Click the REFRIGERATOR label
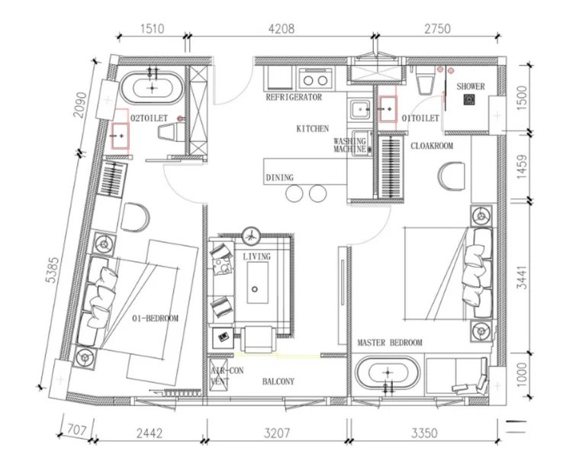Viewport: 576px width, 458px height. point(294,98)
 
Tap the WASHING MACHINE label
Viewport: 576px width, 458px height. point(350,145)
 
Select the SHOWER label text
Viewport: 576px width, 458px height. point(471,87)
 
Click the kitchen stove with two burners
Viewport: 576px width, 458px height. point(314,78)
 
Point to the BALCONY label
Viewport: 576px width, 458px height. point(278,381)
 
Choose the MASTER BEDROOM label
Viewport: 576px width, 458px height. point(389,343)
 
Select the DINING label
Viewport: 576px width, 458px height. point(279,178)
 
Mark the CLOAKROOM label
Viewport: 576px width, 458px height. point(433,145)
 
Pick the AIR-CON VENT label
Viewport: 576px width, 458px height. point(219,374)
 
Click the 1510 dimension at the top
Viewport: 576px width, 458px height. point(153,30)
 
